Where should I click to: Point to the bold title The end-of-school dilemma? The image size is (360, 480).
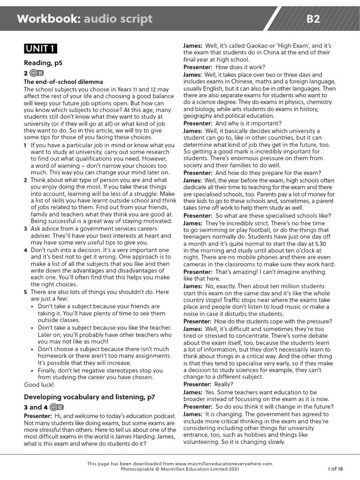click(x=63, y=82)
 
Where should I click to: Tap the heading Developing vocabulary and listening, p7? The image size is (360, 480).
click(x=89, y=397)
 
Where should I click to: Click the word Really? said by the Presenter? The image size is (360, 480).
click(x=226, y=384)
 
